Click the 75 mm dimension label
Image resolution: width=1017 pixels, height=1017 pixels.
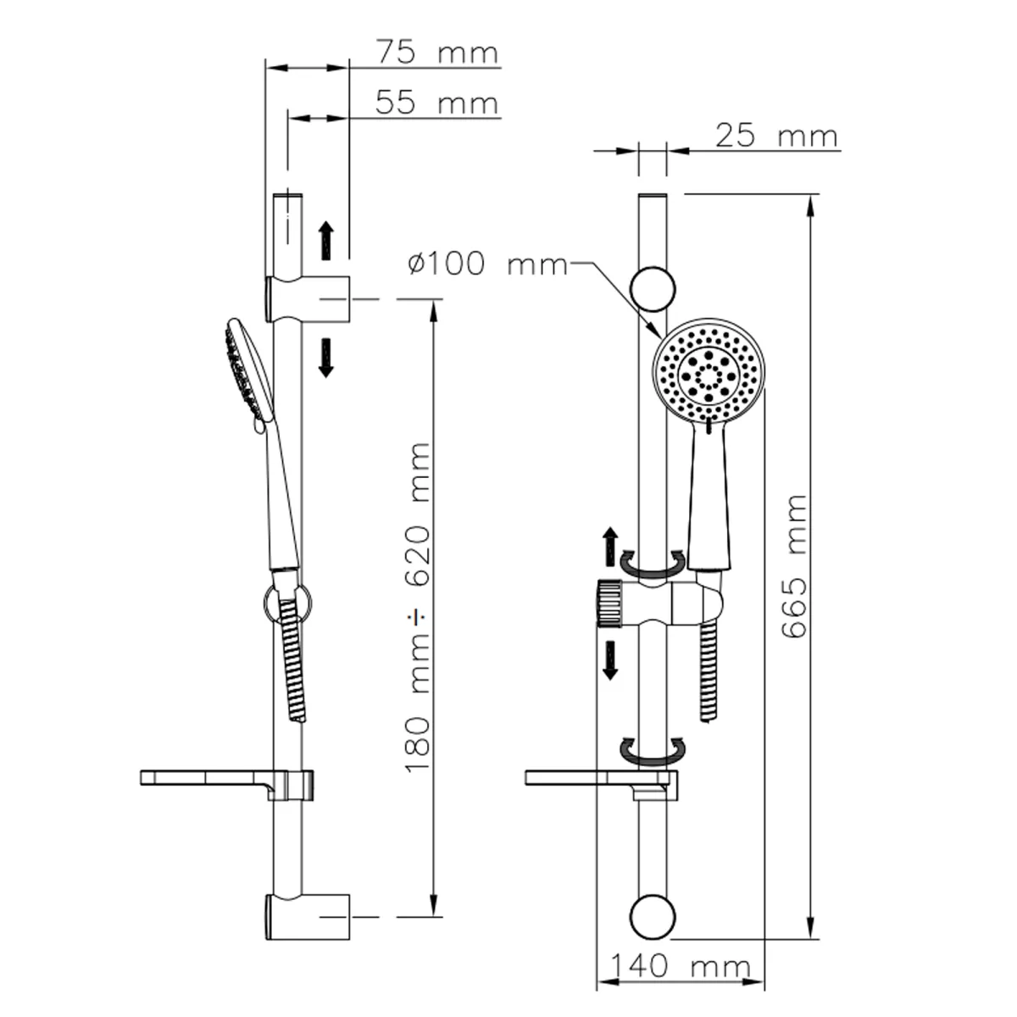(x=437, y=53)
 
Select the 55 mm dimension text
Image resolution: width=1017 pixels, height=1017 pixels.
(x=437, y=103)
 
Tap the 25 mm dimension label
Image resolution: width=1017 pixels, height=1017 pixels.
(x=777, y=136)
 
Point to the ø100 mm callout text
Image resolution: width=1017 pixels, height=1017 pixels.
(x=487, y=264)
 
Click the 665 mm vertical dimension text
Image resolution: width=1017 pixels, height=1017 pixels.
(x=794, y=567)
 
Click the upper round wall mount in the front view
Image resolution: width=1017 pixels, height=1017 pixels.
(x=653, y=289)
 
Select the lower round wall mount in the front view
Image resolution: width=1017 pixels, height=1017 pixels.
(x=653, y=917)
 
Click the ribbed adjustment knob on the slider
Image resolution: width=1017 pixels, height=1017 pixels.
(x=609, y=603)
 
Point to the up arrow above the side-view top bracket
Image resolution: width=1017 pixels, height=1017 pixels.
(x=326, y=240)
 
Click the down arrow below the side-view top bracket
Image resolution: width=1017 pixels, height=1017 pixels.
(x=326, y=358)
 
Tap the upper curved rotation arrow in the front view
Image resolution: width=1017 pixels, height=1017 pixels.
(x=653, y=564)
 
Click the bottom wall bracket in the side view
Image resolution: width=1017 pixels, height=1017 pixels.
(x=307, y=917)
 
